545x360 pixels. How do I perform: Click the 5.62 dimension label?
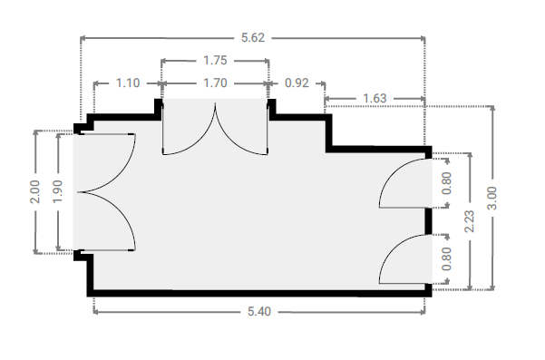click(x=253, y=37)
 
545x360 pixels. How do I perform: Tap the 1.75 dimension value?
click(x=215, y=61)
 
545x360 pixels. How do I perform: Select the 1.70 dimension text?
click(x=215, y=83)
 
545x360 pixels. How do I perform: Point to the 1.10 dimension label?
click(x=128, y=83)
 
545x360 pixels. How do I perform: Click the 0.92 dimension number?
click(x=297, y=83)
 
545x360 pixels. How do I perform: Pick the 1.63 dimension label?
click(x=375, y=98)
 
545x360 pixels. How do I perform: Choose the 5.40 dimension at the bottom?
click(x=259, y=311)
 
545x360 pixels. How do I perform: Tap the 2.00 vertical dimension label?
click(x=35, y=192)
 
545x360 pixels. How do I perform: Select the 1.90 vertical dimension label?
click(x=58, y=192)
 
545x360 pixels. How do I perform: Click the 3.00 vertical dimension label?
click(x=492, y=198)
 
